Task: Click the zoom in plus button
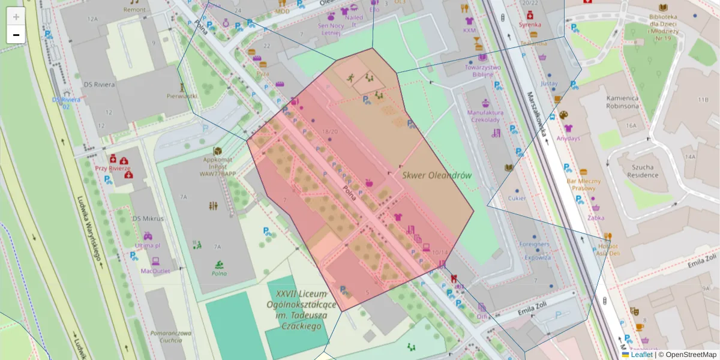(x=16, y=17)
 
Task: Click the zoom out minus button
(x=16, y=35)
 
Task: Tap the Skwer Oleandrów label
(x=436, y=175)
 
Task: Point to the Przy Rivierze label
(x=113, y=169)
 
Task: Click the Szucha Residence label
(x=643, y=172)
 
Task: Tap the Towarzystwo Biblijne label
(x=482, y=71)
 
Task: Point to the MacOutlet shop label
(x=155, y=271)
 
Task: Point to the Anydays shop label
(x=568, y=138)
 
